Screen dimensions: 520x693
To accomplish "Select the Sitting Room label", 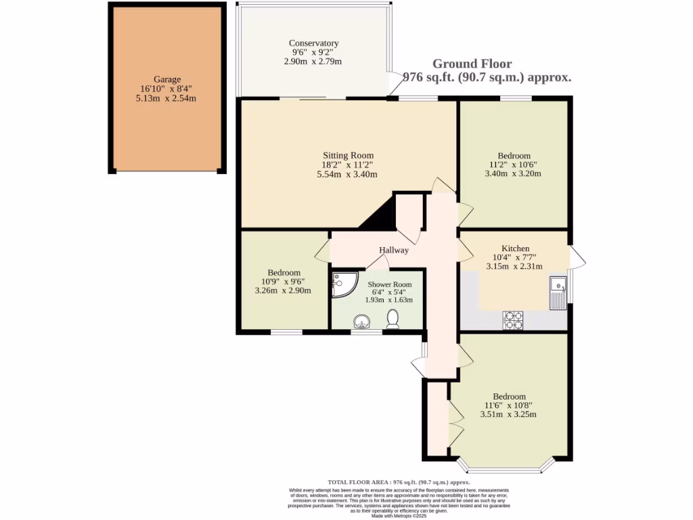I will point(347,156).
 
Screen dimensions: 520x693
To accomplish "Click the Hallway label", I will point(393,250).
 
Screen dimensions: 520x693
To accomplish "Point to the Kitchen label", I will point(515,248).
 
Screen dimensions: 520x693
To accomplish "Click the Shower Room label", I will point(389,284).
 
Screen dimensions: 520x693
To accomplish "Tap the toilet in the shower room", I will point(393,319).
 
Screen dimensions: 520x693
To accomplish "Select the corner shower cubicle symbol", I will point(342,284).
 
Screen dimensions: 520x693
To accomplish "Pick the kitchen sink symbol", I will point(558,293).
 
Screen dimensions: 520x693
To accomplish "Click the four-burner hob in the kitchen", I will point(512,320).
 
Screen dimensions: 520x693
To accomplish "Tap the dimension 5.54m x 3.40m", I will point(347,174).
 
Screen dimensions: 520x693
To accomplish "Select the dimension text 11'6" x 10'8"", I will point(509,406).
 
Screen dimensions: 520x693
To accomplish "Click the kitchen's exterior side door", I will point(576,258).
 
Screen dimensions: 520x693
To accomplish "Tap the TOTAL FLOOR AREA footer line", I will point(399,481).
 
